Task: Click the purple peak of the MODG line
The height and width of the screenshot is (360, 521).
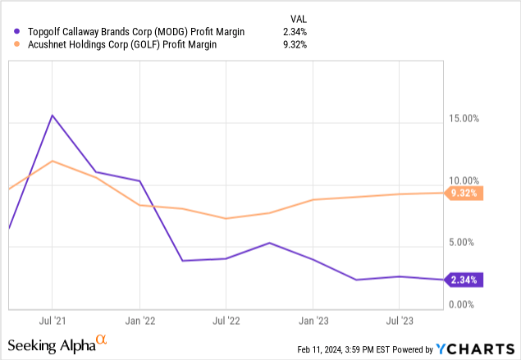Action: pyautogui.click(x=53, y=115)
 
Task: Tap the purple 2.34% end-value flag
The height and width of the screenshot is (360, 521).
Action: pyautogui.click(x=464, y=280)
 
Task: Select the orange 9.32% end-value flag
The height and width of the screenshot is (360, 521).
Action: pyautogui.click(x=464, y=194)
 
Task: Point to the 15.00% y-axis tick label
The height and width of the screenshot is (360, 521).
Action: pyautogui.click(x=460, y=119)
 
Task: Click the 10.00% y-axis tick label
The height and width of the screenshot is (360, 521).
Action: pyautogui.click(x=460, y=180)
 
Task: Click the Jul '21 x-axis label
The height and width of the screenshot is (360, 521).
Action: pyautogui.click(x=53, y=319)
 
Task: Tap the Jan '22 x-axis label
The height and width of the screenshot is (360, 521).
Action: pyautogui.click(x=140, y=319)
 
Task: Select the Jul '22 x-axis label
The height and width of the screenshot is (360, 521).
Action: pyautogui.click(x=226, y=319)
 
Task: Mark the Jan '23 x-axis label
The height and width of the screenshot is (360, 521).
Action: pyautogui.click(x=313, y=319)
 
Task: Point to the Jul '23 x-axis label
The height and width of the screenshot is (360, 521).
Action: pyautogui.click(x=399, y=319)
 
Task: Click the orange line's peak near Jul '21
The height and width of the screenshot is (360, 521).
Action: pyautogui.click(x=53, y=161)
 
